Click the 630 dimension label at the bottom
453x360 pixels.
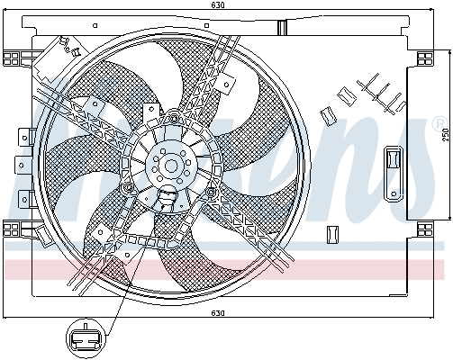tap(216, 313)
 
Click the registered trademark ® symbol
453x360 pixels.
tap(439, 121)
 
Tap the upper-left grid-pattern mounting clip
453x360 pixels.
tap(12, 58)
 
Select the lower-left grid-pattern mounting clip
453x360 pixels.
tap(12, 229)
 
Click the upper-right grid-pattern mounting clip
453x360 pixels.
tap(421, 58)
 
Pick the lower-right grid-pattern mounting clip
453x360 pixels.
tap(421, 229)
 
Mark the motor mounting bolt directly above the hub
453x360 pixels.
tap(171, 118)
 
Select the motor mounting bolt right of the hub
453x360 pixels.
tap(211, 190)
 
